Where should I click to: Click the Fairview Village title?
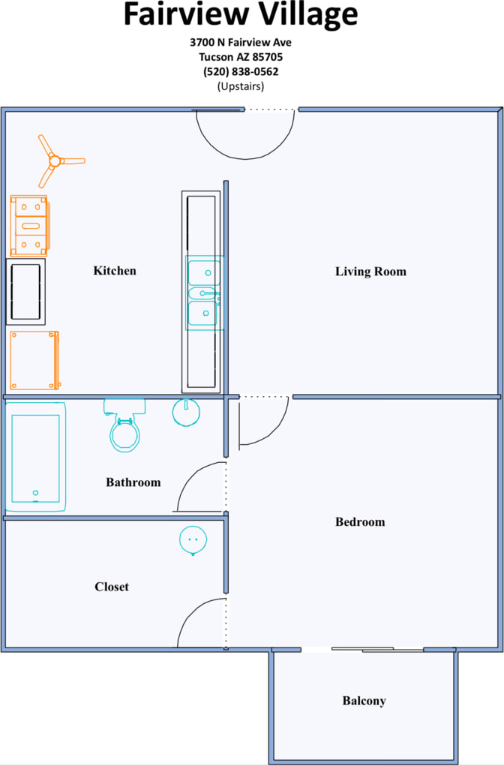pyautogui.click(x=240, y=15)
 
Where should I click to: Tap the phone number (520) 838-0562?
pyautogui.click(x=240, y=72)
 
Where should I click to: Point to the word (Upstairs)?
pyautogui.click(x=240, y=86)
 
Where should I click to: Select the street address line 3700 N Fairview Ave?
pyautogui.click(x=240, y=43)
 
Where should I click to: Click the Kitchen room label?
pyautogui.click(x=115, y=270)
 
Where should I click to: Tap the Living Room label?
pyautogui.click(x=370, y=272)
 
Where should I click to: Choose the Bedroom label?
pyautogui.click(x=360, y=522)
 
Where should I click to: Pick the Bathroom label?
pyautogui.click(x=133, y=482)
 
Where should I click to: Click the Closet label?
pyautogui.click(x=112, y=587)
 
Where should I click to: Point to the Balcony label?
pyautogui.click(x=364, y=701)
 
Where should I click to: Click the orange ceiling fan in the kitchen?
pyautogui.click(x=55, y=161)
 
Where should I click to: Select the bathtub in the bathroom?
pyautogui.click(x=35, y=457)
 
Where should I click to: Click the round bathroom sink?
pyautogui.click(x=186, y=412)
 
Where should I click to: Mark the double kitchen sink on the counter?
pyautogui.click(x=204, y=293)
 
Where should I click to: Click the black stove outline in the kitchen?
pyautogui.click(x=26, y=292)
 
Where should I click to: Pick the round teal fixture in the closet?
pyautogui.click(x=193, y=539)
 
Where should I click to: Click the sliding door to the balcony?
pyautogui.click(x=377, y=649)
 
